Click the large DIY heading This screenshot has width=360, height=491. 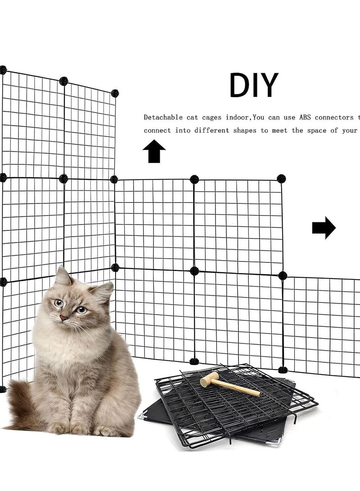[254, 85]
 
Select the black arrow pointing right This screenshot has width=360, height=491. [324, 228]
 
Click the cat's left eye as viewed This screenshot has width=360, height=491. [58, 303]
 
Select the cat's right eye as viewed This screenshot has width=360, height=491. [81, 310]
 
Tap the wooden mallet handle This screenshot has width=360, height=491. [238, 388]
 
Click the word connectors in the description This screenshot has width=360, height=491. [334, 117]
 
